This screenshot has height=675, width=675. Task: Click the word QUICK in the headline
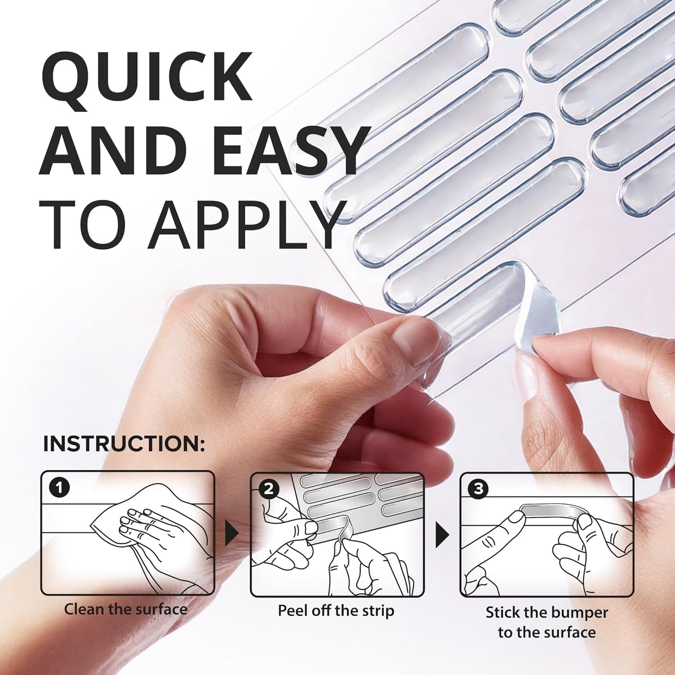point(147,77)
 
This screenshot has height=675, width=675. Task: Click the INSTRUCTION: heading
point(124,444)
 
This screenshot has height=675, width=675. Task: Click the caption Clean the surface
point(126,609)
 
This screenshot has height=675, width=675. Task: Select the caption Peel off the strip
point(336,611)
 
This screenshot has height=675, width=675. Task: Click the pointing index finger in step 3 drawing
point(500,530)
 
